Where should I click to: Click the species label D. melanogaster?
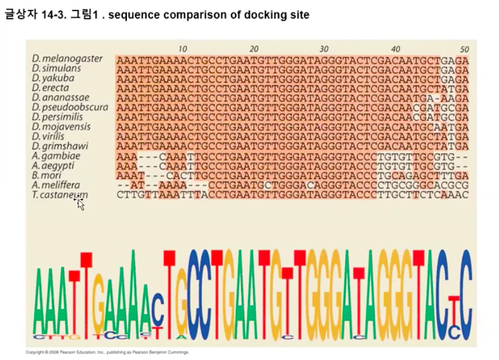(68, 59)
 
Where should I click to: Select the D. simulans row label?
(57, 69)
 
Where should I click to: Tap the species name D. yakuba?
(54, 79)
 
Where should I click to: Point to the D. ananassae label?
(61, 98)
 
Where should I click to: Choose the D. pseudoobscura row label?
(70, 108)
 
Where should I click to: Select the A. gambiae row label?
(56, 156)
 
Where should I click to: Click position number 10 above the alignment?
(183, 49)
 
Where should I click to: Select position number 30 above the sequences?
(324, 49)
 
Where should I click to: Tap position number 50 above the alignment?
(464, 49)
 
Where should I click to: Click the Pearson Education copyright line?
(108, 352)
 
